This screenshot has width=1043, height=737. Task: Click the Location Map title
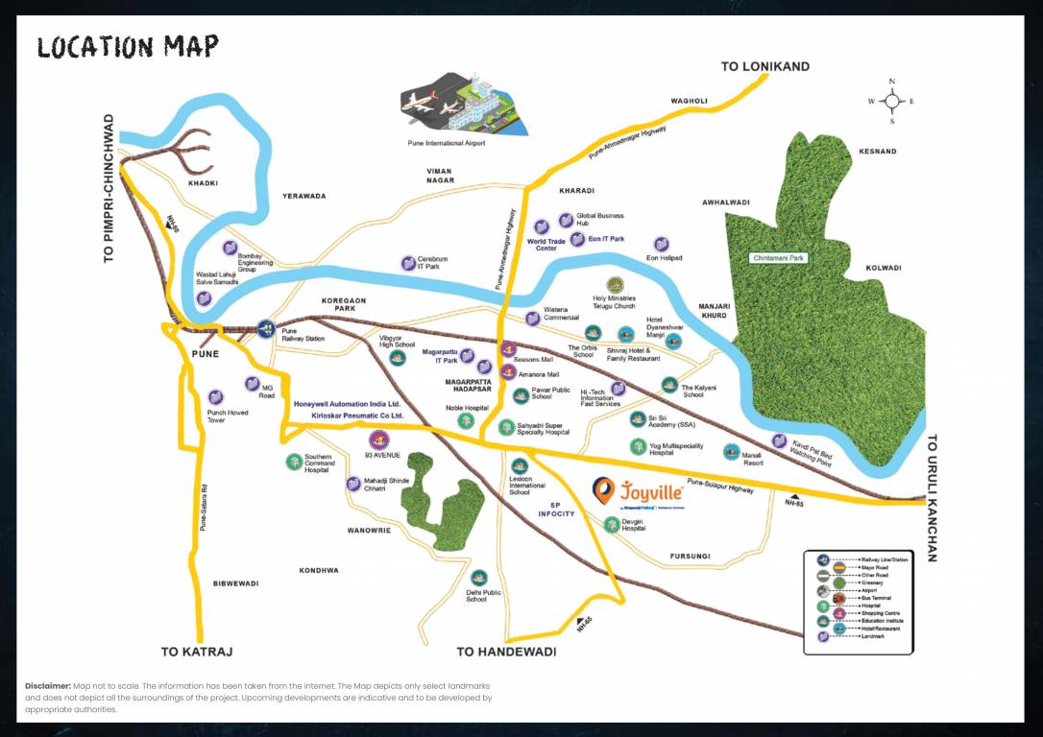pyautogui.click(x=128, y=46)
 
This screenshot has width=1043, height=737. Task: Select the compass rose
pyautogui.click(x=891, y=101)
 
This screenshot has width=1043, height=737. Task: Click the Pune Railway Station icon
pyautogui.click(x=264, y=327)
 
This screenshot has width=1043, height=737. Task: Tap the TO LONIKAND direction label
pyautogui.click(x=764, y=66)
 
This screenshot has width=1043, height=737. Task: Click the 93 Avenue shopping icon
pyautogui.click(x=377, y=440)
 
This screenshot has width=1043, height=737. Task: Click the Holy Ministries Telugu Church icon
pyautogui.click(x=615, y=284)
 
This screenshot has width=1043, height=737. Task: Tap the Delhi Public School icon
pyautogui.click(x=478, y=577)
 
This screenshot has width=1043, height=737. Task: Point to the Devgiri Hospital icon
pyautogui.click(x=613, y=523)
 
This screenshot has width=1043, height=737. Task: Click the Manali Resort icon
pyautogui.click(x=732, y=451)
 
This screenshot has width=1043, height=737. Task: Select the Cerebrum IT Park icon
pyautogui.click(x=407, y=262)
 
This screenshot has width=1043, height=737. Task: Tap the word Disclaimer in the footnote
pyautogui.click(x=48, y=686)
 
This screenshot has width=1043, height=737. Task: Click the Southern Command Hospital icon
pyautogui.click(x=294, y=462)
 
